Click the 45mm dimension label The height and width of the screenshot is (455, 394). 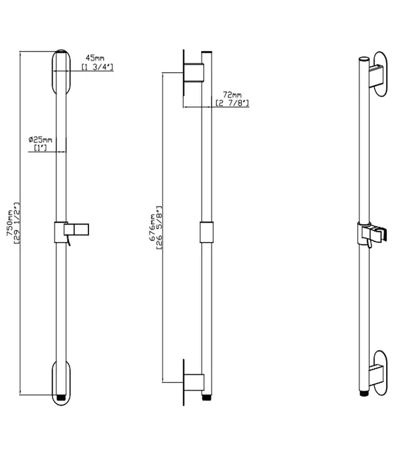95,58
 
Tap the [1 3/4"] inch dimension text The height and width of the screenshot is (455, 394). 97,67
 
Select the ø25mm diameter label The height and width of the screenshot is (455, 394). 40,140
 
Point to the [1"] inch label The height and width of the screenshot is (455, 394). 40,147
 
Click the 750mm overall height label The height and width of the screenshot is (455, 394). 10,223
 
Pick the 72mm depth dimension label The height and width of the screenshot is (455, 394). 232,95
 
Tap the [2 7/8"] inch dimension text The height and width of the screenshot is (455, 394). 232,103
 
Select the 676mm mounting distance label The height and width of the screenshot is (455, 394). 152,227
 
